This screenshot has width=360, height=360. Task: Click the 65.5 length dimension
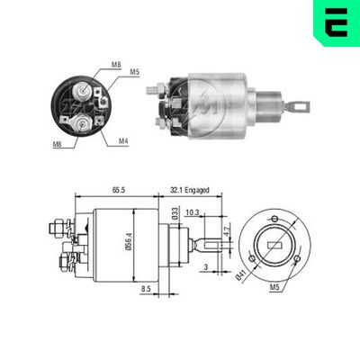click(x=119, y=190)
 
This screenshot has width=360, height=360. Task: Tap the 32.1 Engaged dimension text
click(x=190, y=190)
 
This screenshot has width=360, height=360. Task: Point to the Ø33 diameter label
click(x=175, y=213)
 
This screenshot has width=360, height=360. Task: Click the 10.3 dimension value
click(x=193, y=212)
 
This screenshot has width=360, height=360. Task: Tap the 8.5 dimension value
click(x=146, y=289)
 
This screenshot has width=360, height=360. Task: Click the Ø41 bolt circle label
click(x=241, y=274)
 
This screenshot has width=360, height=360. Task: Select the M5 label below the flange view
click(x=274, y=287)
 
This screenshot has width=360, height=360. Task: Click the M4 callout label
click(x=123, y=140)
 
